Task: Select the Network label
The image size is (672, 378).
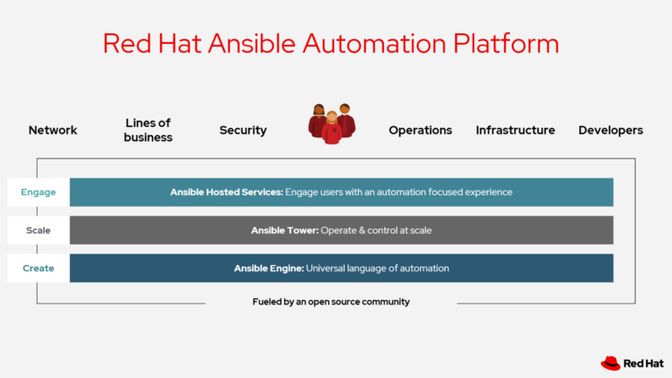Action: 52,130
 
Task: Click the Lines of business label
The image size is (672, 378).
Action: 148,130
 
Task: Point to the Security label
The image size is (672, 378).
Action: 242,130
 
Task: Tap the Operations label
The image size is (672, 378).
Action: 420,130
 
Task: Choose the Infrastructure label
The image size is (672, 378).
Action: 515,130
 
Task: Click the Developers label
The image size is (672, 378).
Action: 610,130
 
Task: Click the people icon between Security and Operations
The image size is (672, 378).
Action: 332,123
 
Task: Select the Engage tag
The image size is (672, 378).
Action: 38,192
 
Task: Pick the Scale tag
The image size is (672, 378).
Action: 38,230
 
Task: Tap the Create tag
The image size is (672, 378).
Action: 38,269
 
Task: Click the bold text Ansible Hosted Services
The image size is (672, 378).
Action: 226,192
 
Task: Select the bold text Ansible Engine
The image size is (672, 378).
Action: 270,269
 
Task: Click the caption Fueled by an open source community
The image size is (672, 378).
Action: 331,302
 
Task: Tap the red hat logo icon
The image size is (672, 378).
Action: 611,362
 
